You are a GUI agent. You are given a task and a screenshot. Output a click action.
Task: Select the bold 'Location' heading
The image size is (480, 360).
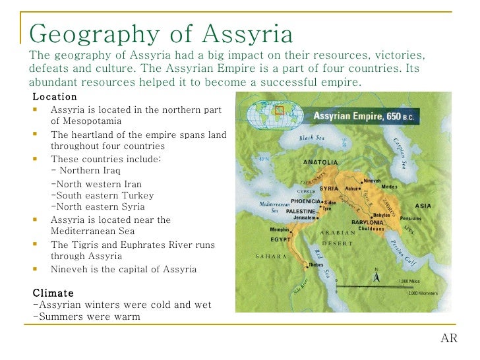tap(55, 97)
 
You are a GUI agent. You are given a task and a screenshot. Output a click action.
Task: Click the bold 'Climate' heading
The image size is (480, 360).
tap(53, 293)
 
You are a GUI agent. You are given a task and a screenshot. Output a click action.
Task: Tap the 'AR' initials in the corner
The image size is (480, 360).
tap(448, 339)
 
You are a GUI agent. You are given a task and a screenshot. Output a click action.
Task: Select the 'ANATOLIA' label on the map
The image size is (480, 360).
tap(320, 162)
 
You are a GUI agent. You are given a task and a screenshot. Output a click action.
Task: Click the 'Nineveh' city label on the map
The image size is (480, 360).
tap(373, 180)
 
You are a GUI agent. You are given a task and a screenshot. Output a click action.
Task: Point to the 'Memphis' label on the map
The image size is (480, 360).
tap(280, 229)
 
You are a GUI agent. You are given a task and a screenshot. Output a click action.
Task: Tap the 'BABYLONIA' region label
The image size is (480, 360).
tap(367, 222)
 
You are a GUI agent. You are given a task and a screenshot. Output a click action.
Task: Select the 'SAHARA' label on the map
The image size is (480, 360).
tap(270, 256)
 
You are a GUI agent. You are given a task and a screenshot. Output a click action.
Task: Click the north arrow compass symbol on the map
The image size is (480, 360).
tap(376, 275)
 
